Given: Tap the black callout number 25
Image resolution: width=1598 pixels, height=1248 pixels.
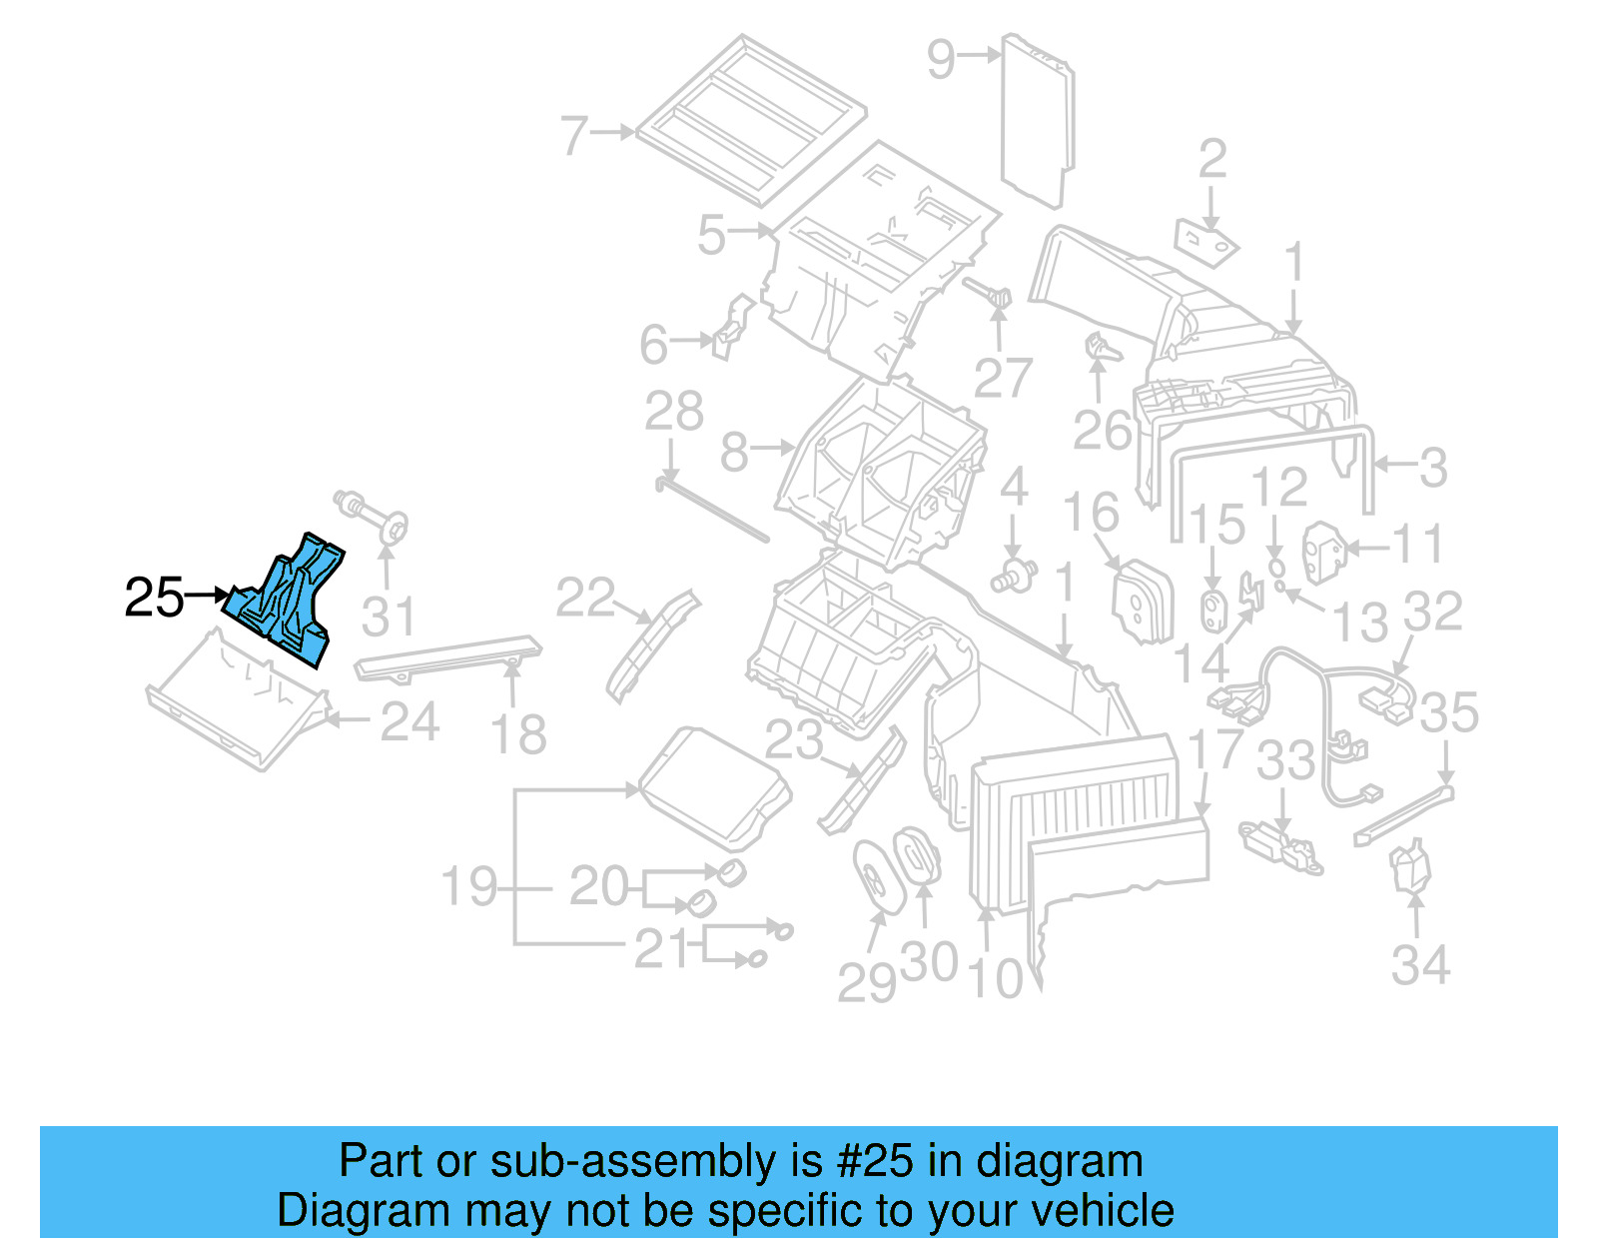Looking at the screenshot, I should point(154,599).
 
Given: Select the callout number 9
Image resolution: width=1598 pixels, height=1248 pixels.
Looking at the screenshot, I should point(941,59).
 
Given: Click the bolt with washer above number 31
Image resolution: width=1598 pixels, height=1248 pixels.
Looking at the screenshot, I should point(375,514).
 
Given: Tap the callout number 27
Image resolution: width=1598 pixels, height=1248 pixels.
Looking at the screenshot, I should point(1002,379).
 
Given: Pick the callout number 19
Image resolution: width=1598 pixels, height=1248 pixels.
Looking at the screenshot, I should point(468,886).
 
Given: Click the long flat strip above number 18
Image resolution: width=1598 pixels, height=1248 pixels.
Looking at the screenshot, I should point(449,657).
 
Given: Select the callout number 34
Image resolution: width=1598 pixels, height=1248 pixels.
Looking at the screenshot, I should point(1419,965).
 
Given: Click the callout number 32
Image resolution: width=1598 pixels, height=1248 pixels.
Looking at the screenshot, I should point(1432,612).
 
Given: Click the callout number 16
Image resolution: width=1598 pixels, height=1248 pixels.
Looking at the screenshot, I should point(1090,513).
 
